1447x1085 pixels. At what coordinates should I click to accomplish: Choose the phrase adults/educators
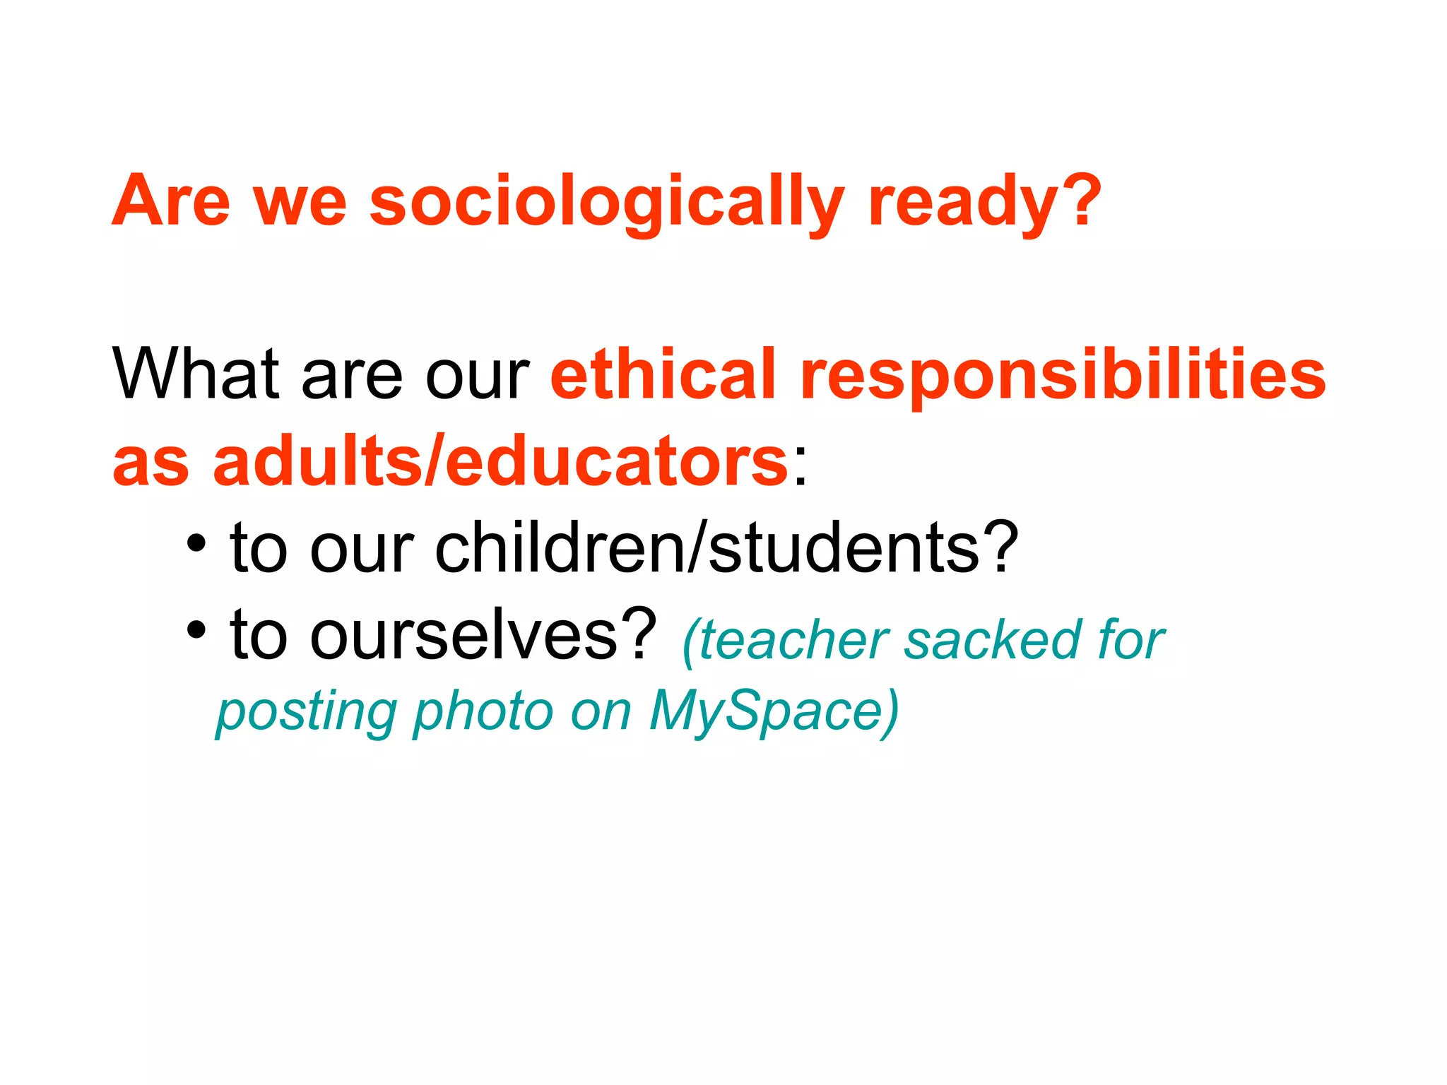(x=500, y=462)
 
